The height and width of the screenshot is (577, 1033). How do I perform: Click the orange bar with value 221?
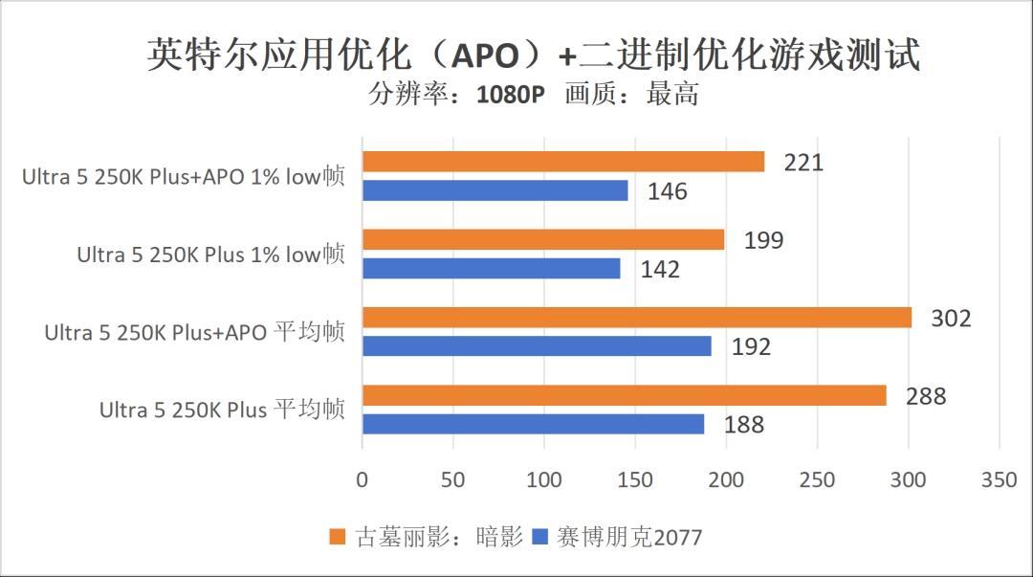(563, 162)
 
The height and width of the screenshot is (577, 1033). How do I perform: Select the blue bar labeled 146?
(495, 190)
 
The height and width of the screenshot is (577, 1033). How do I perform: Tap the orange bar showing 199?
(543, 239)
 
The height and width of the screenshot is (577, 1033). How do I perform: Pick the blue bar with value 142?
(492, 269)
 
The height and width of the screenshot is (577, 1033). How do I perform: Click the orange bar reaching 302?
(637, 318)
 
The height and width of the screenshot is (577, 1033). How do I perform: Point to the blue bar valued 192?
(537, 346)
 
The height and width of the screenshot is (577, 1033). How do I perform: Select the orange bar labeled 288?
(625, 395)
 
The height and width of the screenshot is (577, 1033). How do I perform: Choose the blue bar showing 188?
(534, 424)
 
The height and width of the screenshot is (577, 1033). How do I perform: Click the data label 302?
(951, 318)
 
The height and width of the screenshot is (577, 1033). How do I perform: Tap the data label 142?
(660, 269)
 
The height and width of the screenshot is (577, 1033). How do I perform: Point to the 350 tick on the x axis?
(1000, 479)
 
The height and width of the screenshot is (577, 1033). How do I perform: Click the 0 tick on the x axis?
(362, 479)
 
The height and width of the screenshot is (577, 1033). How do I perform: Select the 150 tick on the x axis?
(635, 479)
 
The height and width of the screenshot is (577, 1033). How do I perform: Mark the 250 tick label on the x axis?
(817, 479)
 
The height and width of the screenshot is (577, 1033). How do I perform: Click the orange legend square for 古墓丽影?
(336, 536)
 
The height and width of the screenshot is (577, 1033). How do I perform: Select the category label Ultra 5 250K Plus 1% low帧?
(210, 255)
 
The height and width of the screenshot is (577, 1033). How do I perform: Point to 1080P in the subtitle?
(510, 95)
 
